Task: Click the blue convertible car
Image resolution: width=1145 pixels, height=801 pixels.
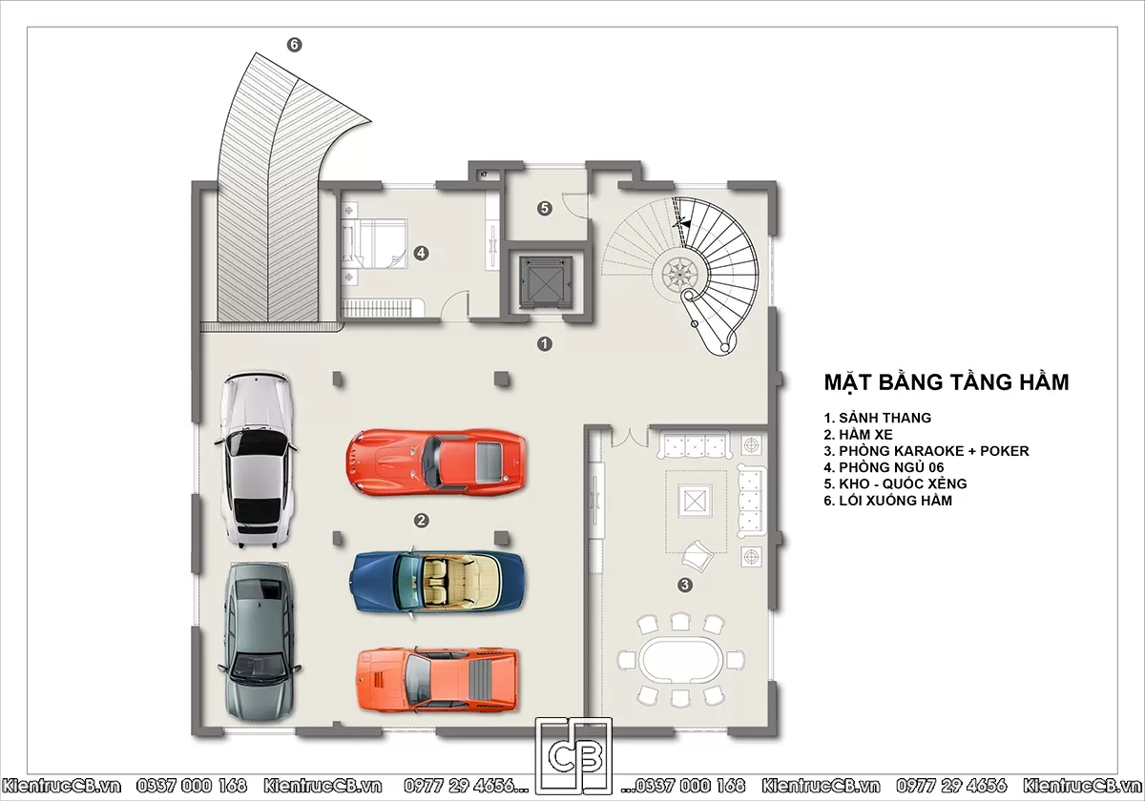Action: point(437,583)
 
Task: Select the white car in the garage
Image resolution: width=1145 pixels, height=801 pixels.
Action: point(257,460)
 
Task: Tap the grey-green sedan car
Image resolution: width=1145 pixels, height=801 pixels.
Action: point(260,642)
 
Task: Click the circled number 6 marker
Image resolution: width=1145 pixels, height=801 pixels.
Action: point(294,45)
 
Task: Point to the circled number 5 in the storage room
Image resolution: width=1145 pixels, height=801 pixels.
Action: point(545,209)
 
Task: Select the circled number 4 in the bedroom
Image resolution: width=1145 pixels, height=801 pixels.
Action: point(421,253)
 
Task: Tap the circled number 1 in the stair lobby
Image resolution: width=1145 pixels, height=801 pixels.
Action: point(545,344)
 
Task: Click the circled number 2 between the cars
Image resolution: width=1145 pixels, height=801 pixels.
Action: point(421,521)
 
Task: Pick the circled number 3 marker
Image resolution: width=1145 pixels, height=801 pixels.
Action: point(685,585)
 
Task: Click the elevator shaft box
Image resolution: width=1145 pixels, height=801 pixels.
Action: point(546,282)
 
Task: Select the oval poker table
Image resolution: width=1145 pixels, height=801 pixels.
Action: point(681,660)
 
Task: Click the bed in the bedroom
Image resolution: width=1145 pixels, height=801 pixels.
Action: point(374,244)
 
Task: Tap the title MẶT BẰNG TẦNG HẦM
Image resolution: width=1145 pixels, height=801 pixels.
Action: point(947,382)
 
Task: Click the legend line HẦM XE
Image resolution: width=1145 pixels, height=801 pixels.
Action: point(858,435)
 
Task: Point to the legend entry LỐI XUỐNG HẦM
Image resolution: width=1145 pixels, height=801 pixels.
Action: point(888,500)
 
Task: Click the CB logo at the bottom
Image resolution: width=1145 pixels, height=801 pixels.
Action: point(573,756)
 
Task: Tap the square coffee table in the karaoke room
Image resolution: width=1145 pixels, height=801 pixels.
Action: point(695,501)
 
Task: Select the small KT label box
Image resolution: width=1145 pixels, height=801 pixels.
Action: point(484,175)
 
